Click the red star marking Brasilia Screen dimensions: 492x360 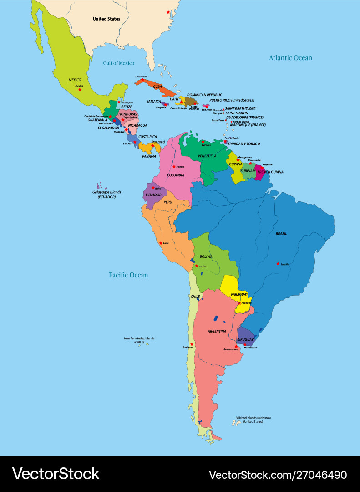coord(278,263)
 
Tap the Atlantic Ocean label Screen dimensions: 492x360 coord(290,58)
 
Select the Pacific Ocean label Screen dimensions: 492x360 coord(128,275)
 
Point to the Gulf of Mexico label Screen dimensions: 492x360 coord(118,63)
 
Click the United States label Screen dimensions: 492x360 coord(106,19)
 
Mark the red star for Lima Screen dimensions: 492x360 coord(161,243)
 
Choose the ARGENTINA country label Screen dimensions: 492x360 coord(217,331)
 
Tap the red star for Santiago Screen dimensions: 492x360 coord(192,344)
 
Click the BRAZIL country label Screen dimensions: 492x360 coord(281,234)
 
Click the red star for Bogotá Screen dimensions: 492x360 coord(173,166)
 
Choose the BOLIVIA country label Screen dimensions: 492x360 coord(206,256)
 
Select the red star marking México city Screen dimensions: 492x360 coord(80,89)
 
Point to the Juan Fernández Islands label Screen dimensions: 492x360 coord(139,340)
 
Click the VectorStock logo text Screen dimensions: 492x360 coord(56,474)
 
